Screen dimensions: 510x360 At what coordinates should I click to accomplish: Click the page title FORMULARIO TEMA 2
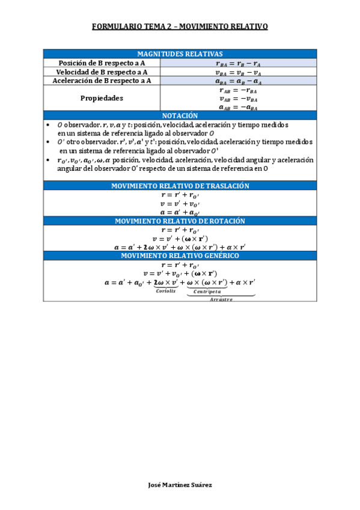pyautogui.click(x=180, y=27)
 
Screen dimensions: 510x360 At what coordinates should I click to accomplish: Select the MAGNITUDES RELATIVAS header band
pyautogui.click(x=180, y=54)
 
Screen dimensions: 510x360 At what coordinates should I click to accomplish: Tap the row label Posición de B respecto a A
pyautogui.click(x=101, y=63)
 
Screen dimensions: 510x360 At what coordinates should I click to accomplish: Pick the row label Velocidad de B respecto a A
pyautogui.click(x=101, y=72)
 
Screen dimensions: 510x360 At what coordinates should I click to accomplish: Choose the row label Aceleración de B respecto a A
pyautogui.click(x=101, y=81)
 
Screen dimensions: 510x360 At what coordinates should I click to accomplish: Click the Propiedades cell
pyautogui.click(x=101, y=98)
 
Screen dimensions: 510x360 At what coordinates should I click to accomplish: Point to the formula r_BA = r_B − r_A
pyautogui.click(x=239, y=63)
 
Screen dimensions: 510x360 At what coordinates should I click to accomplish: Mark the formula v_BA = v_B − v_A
pyautogui.click(x=239, y=72)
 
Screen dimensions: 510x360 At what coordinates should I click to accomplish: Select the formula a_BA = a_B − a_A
pyautogui.click(x=239, y=81)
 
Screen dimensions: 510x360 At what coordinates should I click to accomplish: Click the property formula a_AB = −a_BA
pyautogui.click(x=239, y=108)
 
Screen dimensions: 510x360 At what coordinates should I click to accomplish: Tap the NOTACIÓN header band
pyautogui.click(x=180, y=115)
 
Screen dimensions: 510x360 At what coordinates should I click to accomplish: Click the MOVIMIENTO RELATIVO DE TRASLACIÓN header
pyautogui.click(x=180, y=186)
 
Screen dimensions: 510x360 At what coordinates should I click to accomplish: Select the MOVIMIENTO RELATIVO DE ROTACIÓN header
pyautogui.click(x=180, y=221)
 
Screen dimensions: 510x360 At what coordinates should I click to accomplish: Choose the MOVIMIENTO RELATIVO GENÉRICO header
pyautogui.click(x=180, y=256)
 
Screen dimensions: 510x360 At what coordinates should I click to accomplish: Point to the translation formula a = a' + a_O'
pyautogui.click(x=180, y=213)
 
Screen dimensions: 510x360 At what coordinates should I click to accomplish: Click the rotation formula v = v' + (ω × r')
pyautogui.click(x=180, y=239)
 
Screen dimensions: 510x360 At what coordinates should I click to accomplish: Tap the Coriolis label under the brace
pyautogui.click(x=165, y=290)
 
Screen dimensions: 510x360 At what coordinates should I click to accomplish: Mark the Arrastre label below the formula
pyautogui.click(x=221, y=299)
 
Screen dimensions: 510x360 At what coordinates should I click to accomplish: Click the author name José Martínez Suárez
pyautogui.click(x=180, y=485)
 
